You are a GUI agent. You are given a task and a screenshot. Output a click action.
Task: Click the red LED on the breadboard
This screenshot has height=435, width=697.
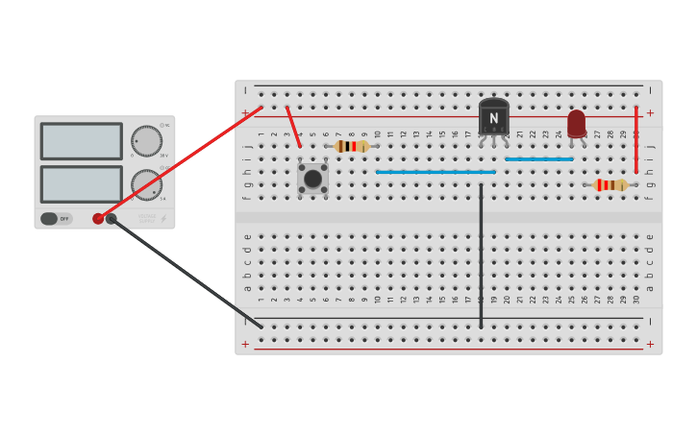[x=576, y=123]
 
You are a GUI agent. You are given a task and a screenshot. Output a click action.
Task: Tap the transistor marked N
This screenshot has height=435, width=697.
[x=493, y=118]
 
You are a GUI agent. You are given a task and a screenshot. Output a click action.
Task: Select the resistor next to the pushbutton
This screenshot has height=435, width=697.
[x=352, y=146]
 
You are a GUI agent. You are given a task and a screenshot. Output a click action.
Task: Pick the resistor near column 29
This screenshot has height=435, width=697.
[x=610, y=185]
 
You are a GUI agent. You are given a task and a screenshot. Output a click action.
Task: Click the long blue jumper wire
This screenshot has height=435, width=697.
[x=436, y=172]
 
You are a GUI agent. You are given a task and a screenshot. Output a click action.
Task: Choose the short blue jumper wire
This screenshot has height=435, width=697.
[x=538, y=159]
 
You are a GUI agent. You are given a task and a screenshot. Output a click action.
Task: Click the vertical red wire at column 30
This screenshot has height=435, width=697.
[x=635, y=139]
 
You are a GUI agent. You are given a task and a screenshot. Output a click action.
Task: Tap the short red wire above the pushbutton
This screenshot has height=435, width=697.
[x=293, y=127]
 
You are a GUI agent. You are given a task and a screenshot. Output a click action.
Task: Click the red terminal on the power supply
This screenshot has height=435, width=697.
[x=98, y=219]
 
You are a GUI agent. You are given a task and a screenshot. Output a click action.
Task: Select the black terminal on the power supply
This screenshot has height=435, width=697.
[x=112, y=219]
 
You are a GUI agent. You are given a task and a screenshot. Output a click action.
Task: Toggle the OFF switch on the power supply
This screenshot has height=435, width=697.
[x=56, y=219]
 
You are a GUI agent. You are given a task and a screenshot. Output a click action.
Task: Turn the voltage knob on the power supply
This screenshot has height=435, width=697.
[x=146, y=141]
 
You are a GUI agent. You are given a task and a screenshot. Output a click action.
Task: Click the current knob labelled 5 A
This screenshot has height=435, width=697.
[x=146, y=184]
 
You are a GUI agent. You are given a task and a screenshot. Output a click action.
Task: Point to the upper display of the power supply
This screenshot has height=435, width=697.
[x=81, y=141]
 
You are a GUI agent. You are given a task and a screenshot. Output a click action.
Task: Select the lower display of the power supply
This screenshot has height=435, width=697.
[x=81, y=184]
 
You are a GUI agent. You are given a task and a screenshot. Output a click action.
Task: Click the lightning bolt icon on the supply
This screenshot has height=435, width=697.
[x=162, y=219]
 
